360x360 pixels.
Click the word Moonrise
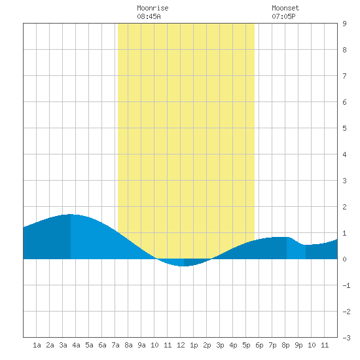(x=153, y=8)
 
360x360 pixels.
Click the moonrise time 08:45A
(x=149, y=16)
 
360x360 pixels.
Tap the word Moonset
(x=285, y=8)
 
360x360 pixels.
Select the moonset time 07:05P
(x=283, y=16)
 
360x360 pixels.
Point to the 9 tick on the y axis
(x=344, y=24)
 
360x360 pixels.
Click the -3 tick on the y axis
(x=346, y=338)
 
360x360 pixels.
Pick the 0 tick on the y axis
(x=344, y=259)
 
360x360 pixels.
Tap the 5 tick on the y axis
(x=344, y=128)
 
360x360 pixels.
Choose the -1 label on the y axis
(x=346, y=285)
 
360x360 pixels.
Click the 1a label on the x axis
(x=37, y=345)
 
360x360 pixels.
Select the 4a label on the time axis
(x=76, y=345)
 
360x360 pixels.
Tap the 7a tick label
(x=115, y=345)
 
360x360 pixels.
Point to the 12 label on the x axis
(x=181, y=345)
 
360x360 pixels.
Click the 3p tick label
(x=220, y=345)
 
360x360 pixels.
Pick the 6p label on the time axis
(x=259, y=345)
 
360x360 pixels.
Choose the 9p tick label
(x=298, y=345)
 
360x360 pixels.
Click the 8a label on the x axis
(x=128, y=345)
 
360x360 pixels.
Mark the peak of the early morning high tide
(x=71, y=214)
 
